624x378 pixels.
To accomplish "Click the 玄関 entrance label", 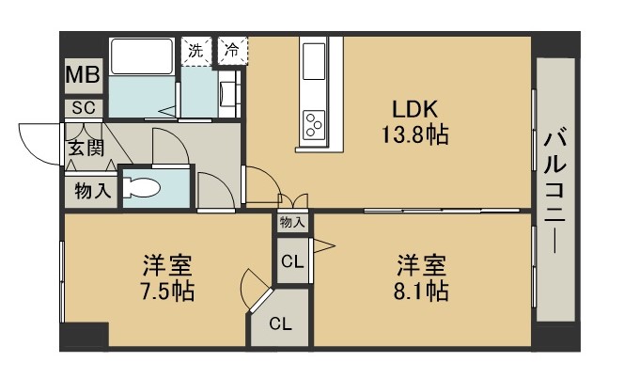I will pos(83,149).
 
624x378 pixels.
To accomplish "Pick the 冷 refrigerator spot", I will pos(229,52).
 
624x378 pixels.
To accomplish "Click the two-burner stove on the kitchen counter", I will pos(313,122).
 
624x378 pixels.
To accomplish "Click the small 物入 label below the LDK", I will pos(291,222).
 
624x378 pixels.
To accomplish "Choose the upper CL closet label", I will pos(291,262).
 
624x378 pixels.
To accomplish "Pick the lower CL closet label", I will pos(280,324).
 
